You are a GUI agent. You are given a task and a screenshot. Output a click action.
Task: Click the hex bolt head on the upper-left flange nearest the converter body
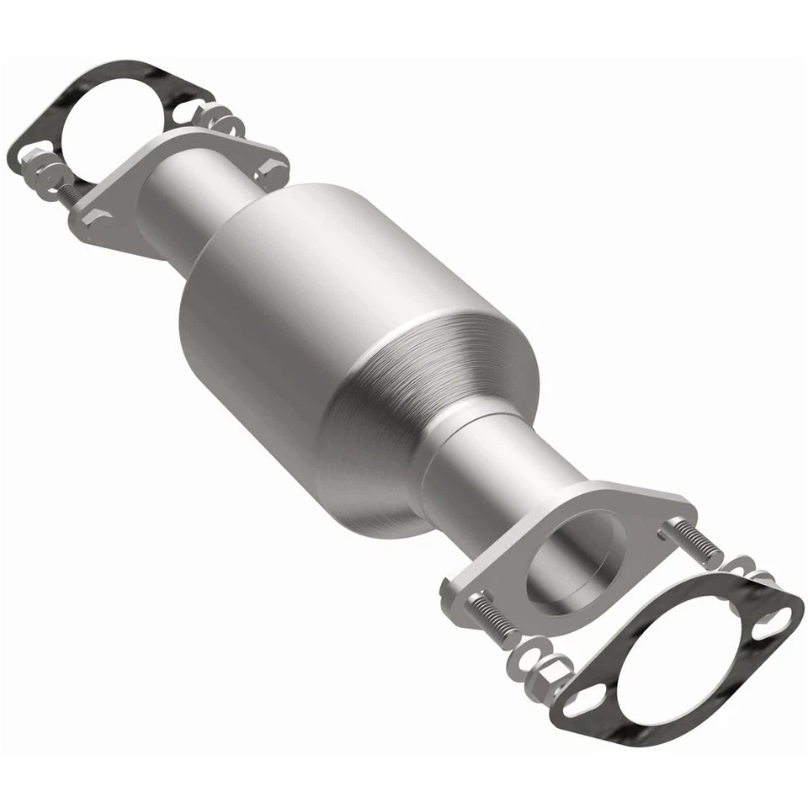(x=269, y=171)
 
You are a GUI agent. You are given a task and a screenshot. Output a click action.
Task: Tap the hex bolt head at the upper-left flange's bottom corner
(x=95, y=218)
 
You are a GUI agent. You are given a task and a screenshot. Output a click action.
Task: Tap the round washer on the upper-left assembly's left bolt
(x=52, y=177)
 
